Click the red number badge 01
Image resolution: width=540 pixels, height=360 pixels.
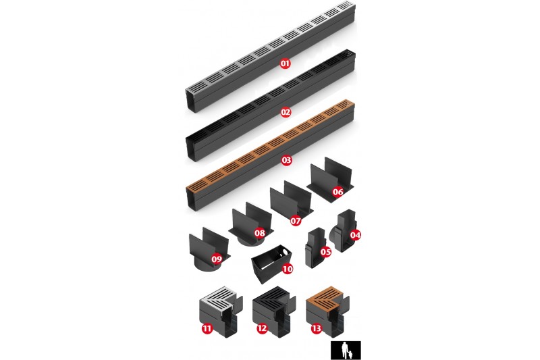[x=285, y=63]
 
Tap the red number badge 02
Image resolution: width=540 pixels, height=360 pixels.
[x=286, y=112]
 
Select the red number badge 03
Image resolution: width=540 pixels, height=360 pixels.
[x=286, y=160]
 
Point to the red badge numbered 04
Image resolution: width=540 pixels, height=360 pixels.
[x=355, y=235]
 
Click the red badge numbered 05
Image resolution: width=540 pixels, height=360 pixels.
[x=325, y=252]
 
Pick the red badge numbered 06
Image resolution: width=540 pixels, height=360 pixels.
[x=338, y=192]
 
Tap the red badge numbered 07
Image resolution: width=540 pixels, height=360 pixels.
[x=296, y=221]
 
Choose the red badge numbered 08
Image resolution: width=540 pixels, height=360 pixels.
[x=260, y=233]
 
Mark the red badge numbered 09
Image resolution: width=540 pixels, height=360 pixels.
[x=217, y=259]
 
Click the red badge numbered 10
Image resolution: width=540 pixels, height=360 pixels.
[x=288, y=269]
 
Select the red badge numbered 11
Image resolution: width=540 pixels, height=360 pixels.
[x=207, y=328]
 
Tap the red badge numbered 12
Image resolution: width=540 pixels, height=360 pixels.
[x=262, y=328]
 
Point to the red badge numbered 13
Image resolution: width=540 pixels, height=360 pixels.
[x=316, y=328]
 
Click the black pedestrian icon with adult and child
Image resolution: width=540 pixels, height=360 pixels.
[x=346, y=351]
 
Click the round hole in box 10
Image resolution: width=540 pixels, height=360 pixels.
[x=285, y=253]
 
